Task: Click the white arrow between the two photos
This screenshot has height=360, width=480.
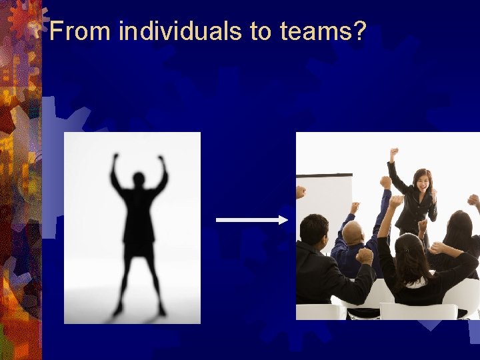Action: click(x=250, y=219)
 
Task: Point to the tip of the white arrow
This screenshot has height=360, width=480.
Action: click(x=287, y=219)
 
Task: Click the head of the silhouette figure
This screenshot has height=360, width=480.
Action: click(x=139, y=179)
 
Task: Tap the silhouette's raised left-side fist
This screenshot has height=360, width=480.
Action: click(x=115, y=158)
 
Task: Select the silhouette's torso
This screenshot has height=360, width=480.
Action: click(x=139, y=213)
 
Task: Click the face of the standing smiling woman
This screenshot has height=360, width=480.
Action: click(x=422, y=181)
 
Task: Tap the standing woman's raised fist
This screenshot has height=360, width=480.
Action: click(x=394, y=153)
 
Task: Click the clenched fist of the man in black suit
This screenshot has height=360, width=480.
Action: click(x=364, y=255)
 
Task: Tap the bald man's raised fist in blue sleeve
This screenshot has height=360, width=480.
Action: click(x=385, y=182)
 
